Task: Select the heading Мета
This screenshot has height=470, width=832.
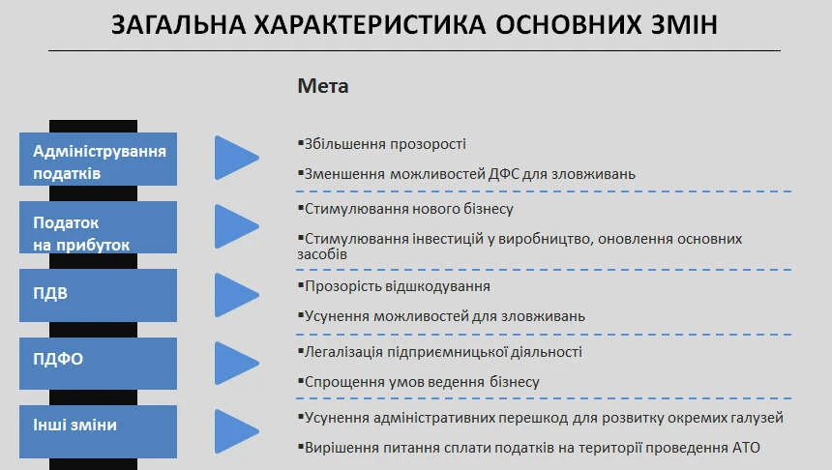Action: pyautogui.click(x=323, y=86)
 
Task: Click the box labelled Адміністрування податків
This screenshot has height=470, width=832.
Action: pyautogui.click(x=99, y=161)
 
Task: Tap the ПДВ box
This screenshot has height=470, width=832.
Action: pyautogui.click(x=99, y=295)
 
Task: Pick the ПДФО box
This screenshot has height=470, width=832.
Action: pyautogui.click(x=99, y=360)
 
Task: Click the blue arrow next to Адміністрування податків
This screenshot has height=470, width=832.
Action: pyautogui.click(x=235, y=158)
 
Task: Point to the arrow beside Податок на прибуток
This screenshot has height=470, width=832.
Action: pyautogui.click(x=235, y=226)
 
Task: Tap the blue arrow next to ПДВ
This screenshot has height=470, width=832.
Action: pyautogui.click(x=235, y=295)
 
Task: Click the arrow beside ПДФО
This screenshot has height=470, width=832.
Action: pyautogui.click(x=235, y=363)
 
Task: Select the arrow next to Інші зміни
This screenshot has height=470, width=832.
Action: pyautogui.click(x=235, y=431)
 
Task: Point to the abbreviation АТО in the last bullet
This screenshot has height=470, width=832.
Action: pyautogui.click(x=746, y=448)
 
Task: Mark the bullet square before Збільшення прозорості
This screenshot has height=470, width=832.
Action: pyautogui.click(x=301, y=143)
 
